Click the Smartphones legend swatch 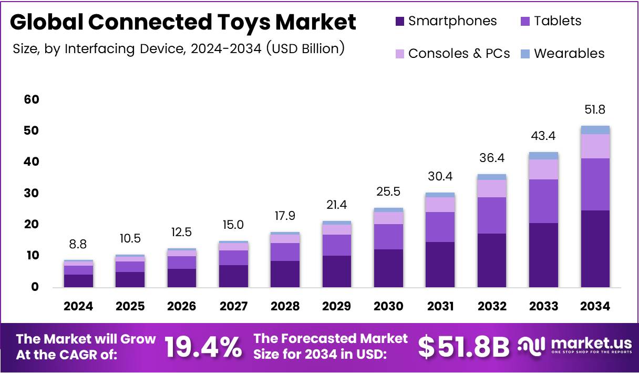point(399,22)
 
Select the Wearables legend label point(569,54)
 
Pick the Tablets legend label point(558,21)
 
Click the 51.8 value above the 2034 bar point(595,110)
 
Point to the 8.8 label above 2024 point(78,244)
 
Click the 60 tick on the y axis point(31,99)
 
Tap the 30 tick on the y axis point(31,193)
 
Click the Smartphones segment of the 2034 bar point(595,248)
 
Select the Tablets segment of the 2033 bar point(543,201)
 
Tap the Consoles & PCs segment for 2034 point(595,146)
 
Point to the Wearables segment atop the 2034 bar point(595,130)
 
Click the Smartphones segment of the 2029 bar point(337,271)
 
